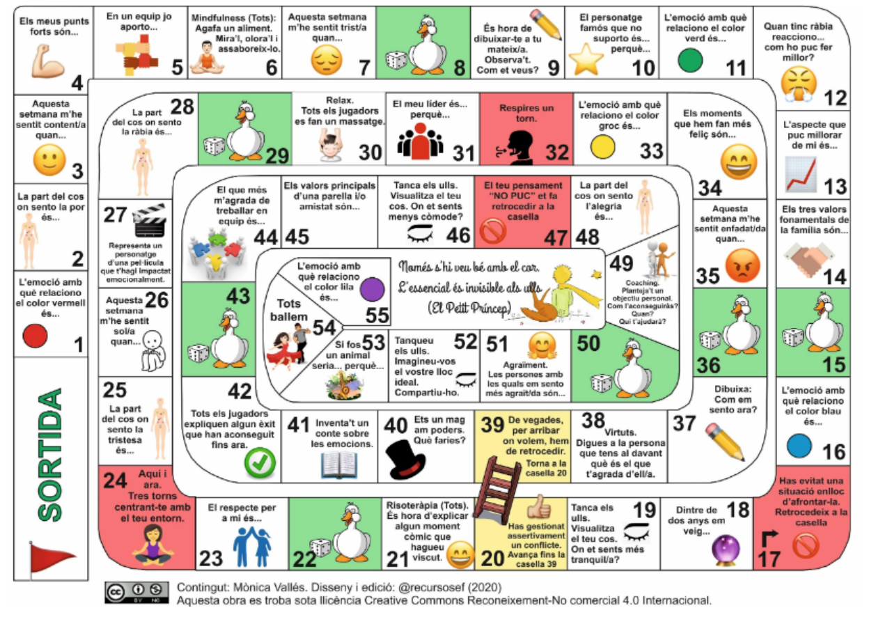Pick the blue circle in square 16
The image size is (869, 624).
click(800, 444)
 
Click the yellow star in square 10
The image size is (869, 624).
click(586, 61)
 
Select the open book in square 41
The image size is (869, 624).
click(340, 465)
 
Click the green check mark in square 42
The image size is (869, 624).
click(260, 461)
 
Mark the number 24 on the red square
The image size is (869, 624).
click(115, 480)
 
